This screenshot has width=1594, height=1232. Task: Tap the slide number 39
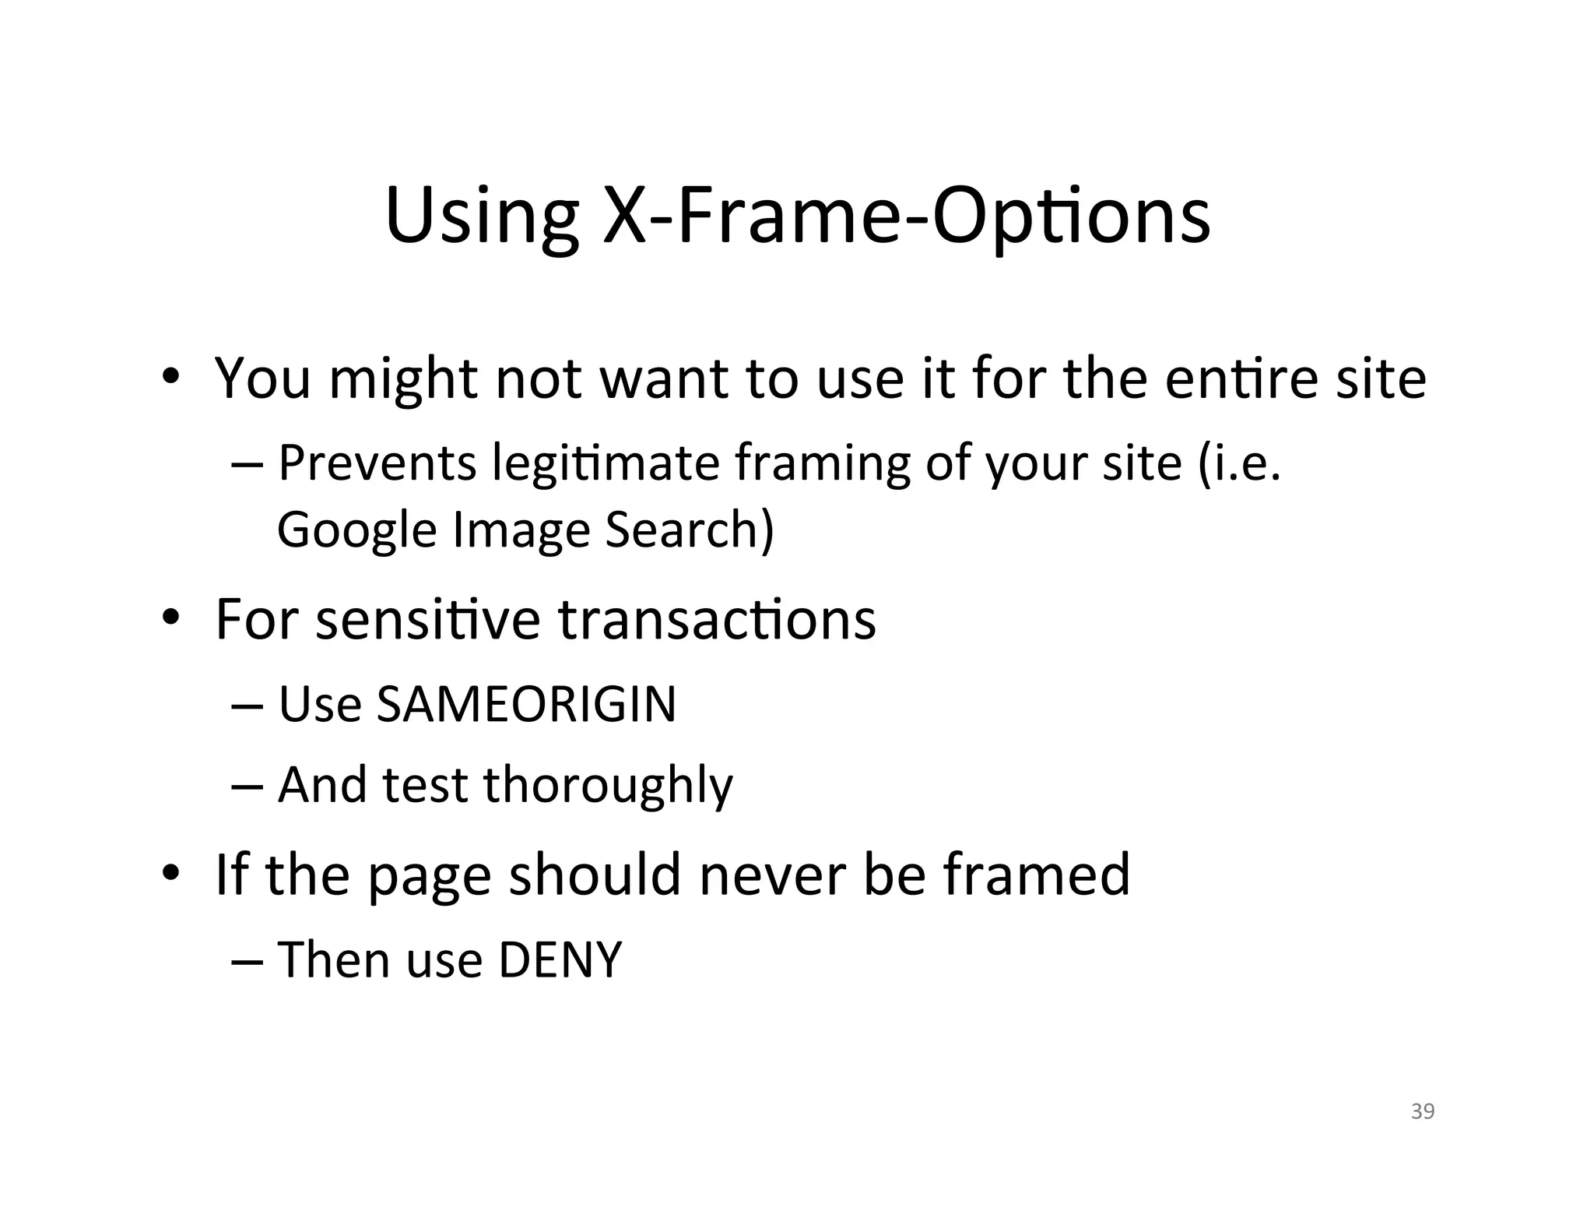[1422, 1111]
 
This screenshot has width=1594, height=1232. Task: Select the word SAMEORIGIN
[526, 704]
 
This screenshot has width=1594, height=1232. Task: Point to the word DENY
[560, 959]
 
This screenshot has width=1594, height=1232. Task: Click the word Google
[356, 530]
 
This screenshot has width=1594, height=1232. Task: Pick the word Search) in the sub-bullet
[690, 530]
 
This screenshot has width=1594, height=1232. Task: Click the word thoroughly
[608, 785]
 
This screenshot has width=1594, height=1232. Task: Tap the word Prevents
[377, 463]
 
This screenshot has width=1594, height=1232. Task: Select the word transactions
[717, 620]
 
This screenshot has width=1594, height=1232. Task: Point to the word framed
[1036, 875]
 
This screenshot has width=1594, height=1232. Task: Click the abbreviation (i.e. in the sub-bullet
[1240, 463]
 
